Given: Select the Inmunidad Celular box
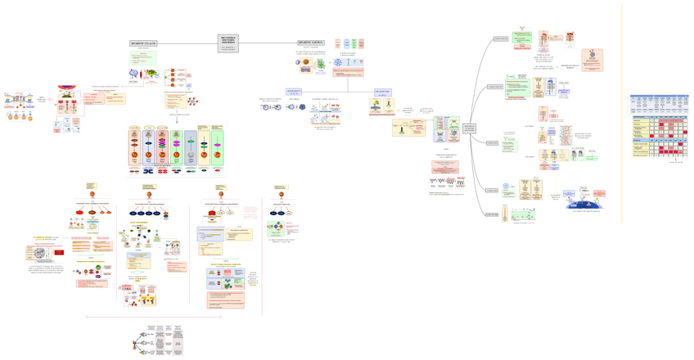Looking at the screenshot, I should click(143, 43).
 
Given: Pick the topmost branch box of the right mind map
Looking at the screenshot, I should click(501, 38).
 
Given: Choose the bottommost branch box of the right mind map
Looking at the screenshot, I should click(493, 215).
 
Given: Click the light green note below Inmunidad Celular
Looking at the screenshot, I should click(143, 58).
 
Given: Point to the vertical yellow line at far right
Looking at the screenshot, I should click(621, 115).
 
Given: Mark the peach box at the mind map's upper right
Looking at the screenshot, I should click(592, 60).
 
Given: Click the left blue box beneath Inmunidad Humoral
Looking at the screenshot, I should click(294, 92).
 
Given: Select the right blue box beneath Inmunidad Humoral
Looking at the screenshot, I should click(381, 92).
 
